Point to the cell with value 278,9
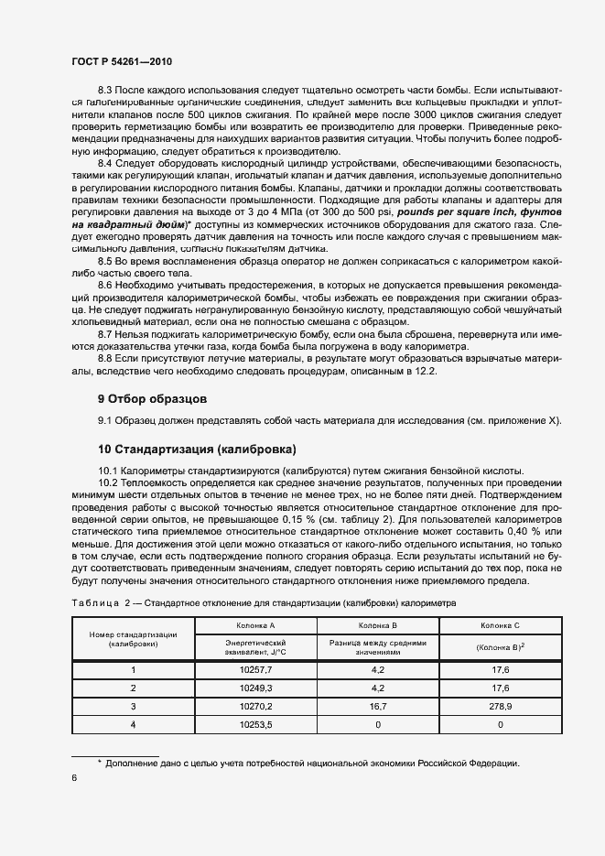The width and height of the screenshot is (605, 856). (x=500, y=706)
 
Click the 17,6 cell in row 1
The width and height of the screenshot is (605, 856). (x=500, y=669)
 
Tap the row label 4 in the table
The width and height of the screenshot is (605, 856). (x=133, y=724)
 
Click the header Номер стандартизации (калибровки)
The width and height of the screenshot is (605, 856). (x=133, y=638)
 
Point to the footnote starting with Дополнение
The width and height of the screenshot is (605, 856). (x=312, y=764)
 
